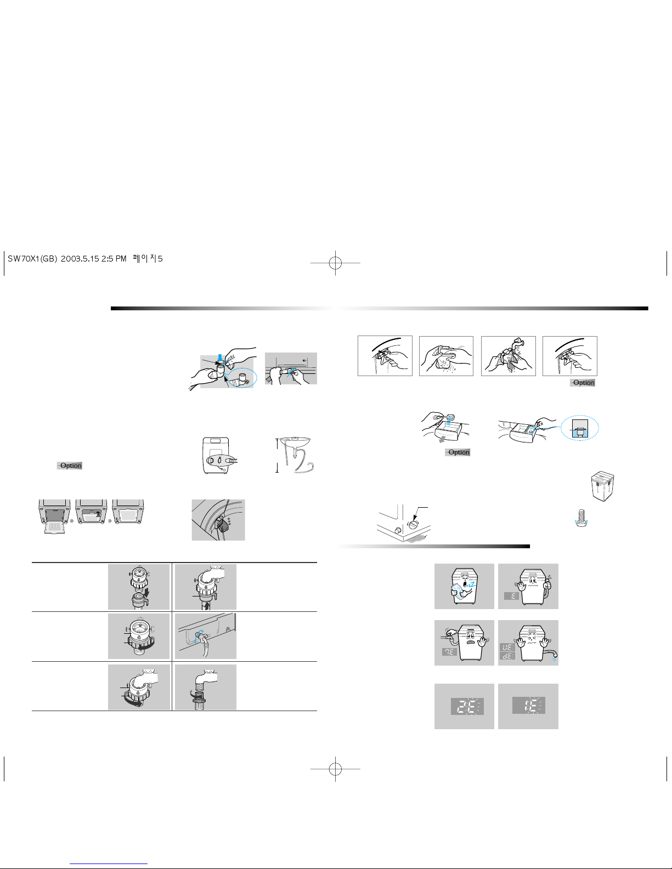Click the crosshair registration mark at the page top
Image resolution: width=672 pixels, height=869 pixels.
(x=335, y=263)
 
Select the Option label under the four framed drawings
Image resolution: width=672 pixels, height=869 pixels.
(x=583, y=383)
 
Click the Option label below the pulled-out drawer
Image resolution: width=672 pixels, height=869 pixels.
(x=458, y=452)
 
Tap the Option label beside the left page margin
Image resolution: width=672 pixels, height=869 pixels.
(x=70, y=465)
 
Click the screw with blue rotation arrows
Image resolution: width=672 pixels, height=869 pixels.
(x=580, y=518)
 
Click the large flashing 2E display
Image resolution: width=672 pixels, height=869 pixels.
(x=467, y=707)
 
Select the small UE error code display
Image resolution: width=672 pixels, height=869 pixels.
(x=507, y=647)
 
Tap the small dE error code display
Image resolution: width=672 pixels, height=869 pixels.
(x=507, y=656)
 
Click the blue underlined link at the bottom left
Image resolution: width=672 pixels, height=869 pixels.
(x=109, y=864)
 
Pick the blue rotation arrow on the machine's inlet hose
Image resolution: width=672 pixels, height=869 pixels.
(x=199, y=637)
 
